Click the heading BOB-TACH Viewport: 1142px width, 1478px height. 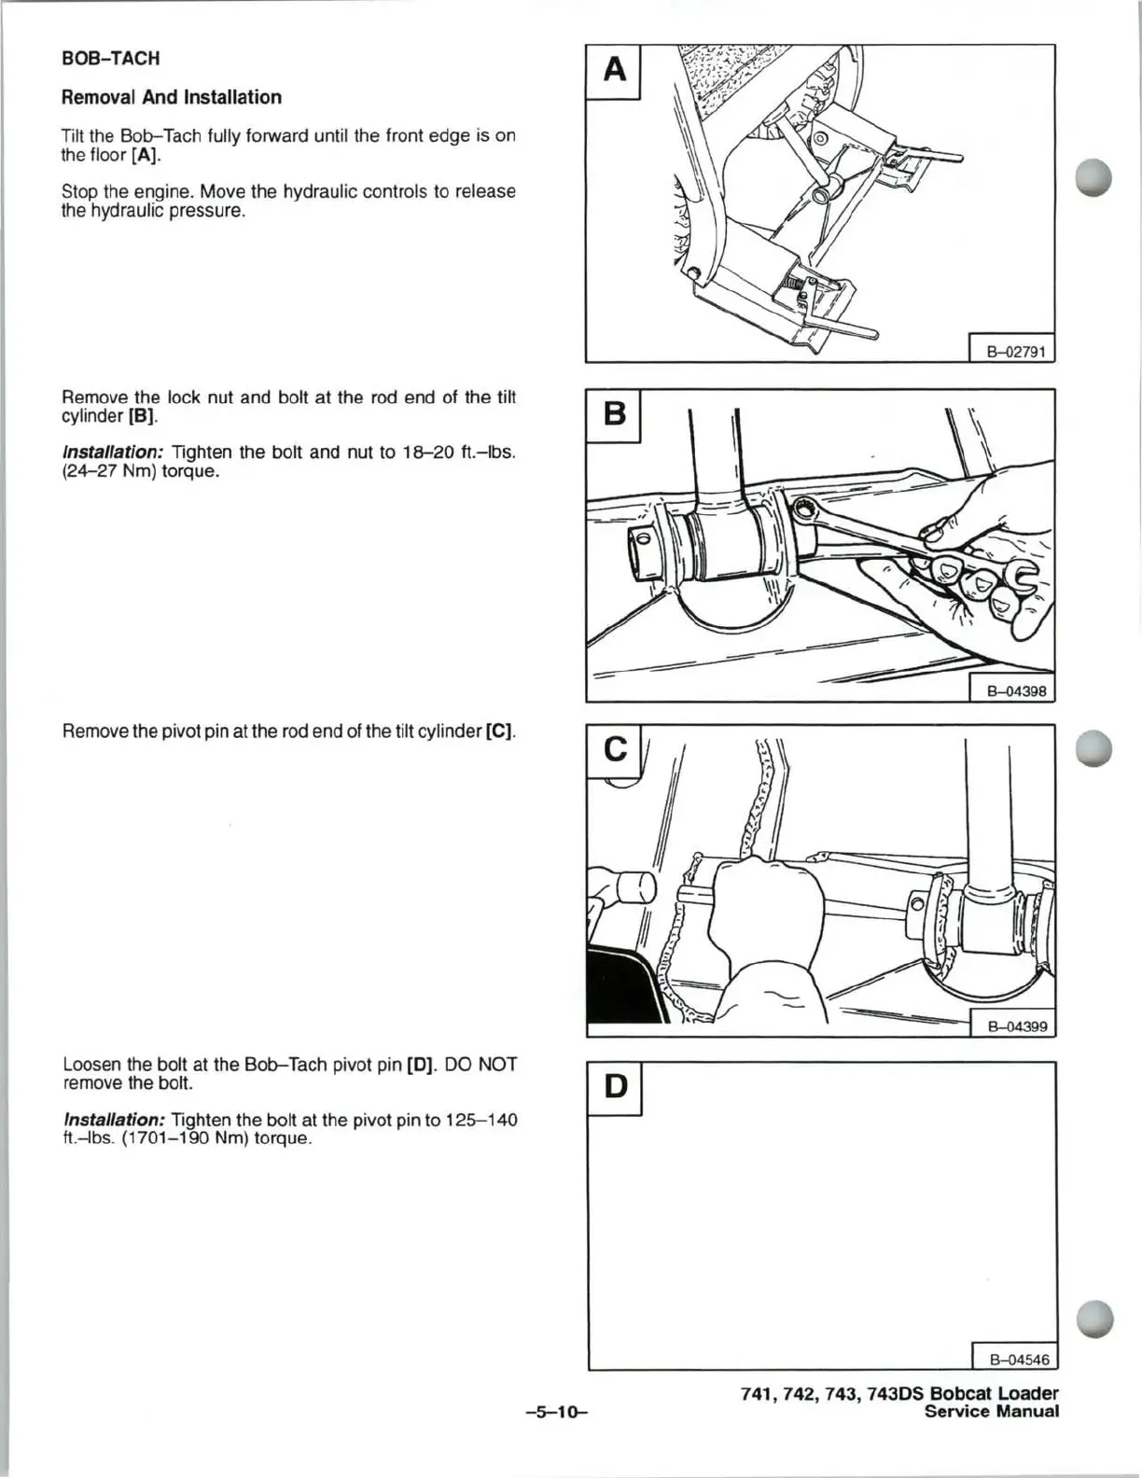pos(111,59)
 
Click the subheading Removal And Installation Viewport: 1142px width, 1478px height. pos(172,97)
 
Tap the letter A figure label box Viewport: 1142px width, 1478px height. pos(614,71)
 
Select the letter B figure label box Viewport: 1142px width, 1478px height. pos(614,414)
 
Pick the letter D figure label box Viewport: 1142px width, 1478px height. pos(615,1087)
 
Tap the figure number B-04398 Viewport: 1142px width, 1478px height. pos(1011,691)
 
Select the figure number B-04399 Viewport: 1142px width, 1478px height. pos(1012,1026)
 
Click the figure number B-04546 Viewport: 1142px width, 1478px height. pos(1014,1360)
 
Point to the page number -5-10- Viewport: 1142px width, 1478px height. pos(556,1412)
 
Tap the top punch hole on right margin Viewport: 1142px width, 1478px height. pos(1093,177)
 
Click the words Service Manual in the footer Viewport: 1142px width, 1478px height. pos(992,1412)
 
